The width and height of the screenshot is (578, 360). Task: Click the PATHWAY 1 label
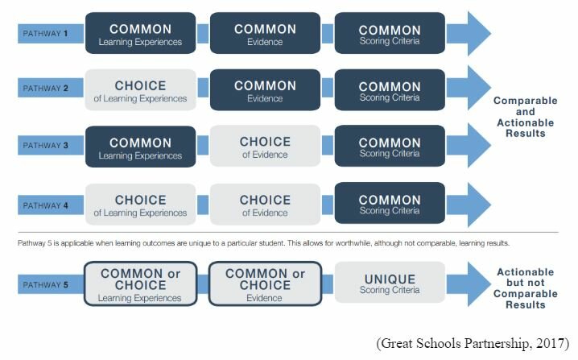(45, 34)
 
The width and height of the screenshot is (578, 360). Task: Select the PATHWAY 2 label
(45, 88)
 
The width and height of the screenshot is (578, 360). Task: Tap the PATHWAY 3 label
(45, 145)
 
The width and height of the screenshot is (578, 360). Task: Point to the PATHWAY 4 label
(45, 205)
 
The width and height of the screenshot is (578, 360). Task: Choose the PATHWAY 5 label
(45, 285)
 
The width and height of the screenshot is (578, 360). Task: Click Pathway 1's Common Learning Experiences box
(140, 33)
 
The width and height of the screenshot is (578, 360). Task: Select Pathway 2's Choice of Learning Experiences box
(140, 89)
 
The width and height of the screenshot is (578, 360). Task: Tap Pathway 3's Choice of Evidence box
(265, 146)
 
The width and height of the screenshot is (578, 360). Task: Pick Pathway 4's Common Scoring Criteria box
(390, 203)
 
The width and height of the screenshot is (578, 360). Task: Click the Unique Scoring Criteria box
(390, 283)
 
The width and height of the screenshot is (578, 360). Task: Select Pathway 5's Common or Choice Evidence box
(265, 283)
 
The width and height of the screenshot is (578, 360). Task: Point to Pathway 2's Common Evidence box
(265, 89)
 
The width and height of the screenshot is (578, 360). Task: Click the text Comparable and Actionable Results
(526, 117)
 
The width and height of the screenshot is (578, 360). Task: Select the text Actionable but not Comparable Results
(526, 288)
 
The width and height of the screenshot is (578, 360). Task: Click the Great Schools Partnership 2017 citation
(473, 343)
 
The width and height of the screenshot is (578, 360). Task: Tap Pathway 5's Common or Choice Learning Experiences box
(140, 283)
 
